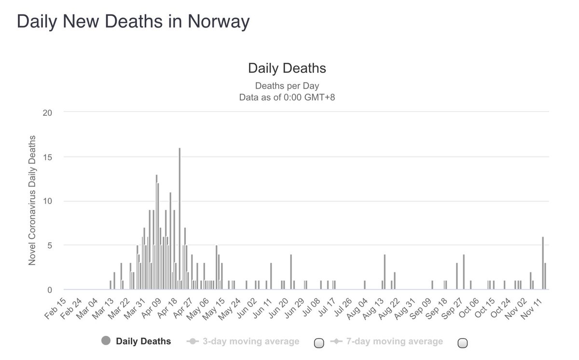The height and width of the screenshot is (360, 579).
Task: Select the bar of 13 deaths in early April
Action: point(156,232)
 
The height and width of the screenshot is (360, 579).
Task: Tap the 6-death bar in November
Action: point(543,263)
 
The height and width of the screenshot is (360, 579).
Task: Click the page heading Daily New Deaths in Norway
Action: point(133,22)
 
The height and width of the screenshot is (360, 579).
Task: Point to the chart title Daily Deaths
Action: point(287,68)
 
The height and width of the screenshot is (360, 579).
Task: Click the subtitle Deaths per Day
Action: point(287,86)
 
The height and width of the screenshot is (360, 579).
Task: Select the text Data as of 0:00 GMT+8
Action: point(287,97)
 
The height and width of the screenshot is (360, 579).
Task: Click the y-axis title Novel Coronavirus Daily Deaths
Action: point(32,201)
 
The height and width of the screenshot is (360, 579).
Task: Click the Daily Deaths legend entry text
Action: point(143,342)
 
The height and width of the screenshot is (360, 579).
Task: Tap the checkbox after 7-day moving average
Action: point(462,343)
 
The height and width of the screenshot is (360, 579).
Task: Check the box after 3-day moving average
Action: point(318,343)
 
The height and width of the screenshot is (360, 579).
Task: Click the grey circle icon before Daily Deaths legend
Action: point(106,341)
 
